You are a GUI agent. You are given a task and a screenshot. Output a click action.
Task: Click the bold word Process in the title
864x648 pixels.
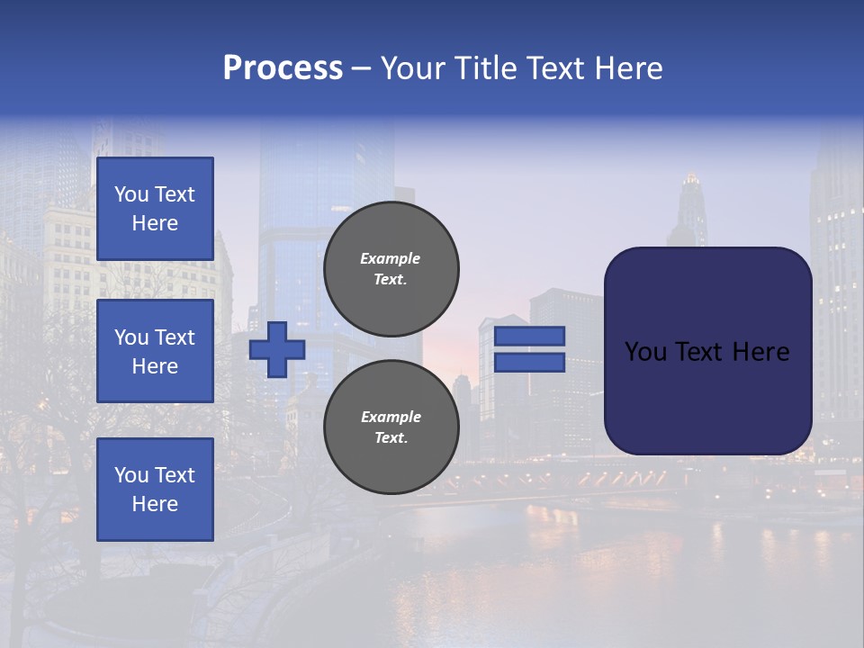(x=283, y=68)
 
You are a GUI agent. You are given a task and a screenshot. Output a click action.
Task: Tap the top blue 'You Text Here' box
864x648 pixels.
(x=155, y=209)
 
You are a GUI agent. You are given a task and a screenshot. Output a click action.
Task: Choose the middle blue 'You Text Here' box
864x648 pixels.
(x=155, y=351)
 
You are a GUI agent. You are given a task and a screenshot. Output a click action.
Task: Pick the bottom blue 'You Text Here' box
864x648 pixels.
(x=155, y=490)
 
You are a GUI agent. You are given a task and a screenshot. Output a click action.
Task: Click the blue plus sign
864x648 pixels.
(x=276, y=350)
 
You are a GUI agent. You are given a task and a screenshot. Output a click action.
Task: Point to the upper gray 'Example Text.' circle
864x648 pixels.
(x=391, y=268)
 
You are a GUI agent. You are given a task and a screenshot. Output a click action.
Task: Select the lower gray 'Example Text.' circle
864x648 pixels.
(x=391, y=427)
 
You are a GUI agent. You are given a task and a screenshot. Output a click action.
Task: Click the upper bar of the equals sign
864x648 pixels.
(x=530, y=337)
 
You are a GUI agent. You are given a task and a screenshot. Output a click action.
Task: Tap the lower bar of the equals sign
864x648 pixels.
(x=530, y=363)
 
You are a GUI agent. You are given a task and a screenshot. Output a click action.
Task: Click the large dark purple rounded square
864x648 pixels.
(x=707, y=351)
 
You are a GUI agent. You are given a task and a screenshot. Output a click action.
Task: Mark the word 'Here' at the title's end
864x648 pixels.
(x=627, y=68)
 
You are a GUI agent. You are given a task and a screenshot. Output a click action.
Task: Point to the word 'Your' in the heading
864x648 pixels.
(x=411, y=68)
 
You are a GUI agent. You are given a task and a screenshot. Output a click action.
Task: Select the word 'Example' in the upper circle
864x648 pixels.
(x=391, y=258)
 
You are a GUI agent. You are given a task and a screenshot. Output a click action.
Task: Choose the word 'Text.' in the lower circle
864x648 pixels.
(x=391, y=438)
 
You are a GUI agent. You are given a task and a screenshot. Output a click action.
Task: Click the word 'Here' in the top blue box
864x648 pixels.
(x=155, y=223)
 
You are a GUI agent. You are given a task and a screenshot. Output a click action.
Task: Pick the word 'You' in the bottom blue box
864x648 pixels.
(x=131, y=475)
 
